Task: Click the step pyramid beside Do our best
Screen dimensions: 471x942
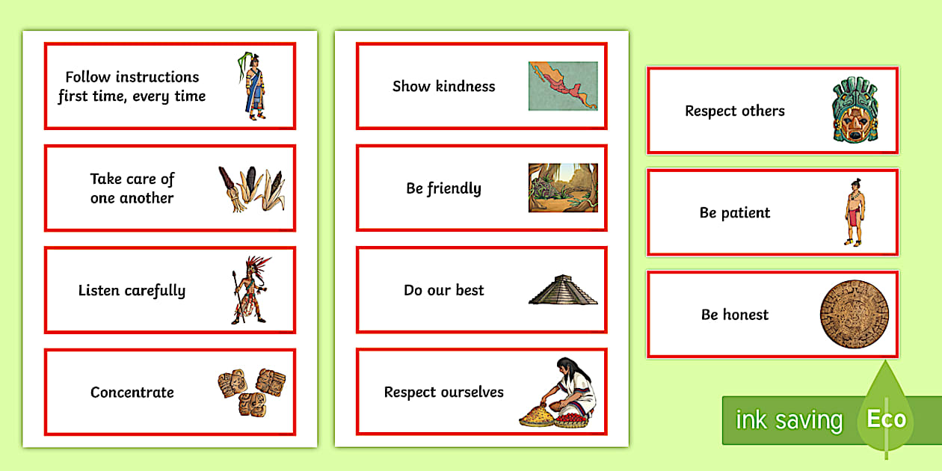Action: point(563,290)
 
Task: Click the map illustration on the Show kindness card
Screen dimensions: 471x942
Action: point(563,86)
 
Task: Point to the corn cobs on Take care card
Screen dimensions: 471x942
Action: point(251,188)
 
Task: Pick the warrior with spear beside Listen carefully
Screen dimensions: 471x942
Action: point(250,290)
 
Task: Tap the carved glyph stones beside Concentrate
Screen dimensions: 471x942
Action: point(251,392)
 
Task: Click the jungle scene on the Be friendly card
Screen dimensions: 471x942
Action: point(563,188)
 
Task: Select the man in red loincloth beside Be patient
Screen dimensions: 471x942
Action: point(854,212)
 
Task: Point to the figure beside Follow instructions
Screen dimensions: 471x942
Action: point(255,86)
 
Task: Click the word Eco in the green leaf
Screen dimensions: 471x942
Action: point(886,419)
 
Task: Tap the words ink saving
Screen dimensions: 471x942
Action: point(789,420)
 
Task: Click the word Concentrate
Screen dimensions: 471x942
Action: point(132,392)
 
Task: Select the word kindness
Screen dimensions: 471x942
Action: point(465,86)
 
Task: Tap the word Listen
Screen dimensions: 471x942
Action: point(100,290)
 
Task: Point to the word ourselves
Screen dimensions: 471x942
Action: point(471,392)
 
